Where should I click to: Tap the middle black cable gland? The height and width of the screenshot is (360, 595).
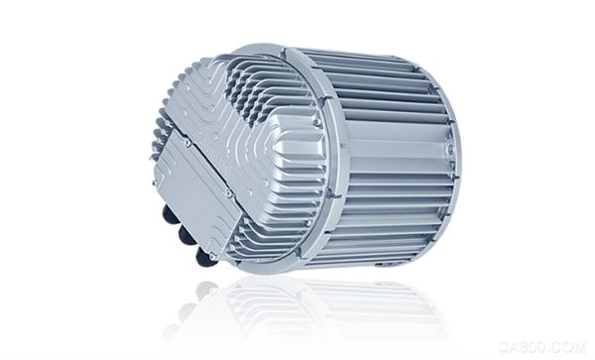tap(184, 233)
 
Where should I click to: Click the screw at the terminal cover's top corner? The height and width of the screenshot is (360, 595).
tap(186, 143)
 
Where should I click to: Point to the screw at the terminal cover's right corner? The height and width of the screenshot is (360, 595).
tap(228, 193)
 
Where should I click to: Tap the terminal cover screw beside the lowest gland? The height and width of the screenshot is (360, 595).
tap(212, 257)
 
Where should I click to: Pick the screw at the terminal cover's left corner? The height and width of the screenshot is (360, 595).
tap(155, 183)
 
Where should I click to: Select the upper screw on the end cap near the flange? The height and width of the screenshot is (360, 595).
tap(316, 122)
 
